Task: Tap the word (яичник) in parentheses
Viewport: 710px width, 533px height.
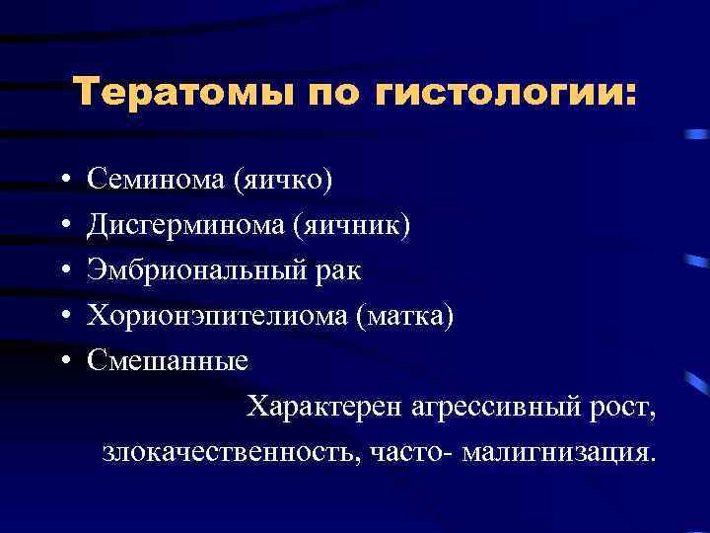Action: pos(351,226)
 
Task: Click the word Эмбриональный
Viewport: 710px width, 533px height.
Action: pos(197,270)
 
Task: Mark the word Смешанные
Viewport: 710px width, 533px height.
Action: pos(168,360)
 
